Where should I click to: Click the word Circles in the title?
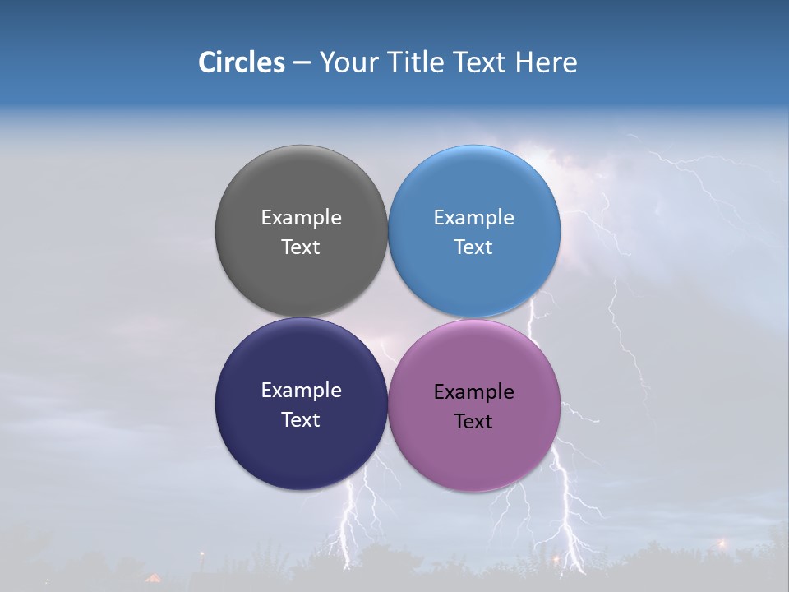point(241,62)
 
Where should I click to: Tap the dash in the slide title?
point(302,63)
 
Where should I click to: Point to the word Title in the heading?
point(413,62)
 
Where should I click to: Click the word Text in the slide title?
point(479,62)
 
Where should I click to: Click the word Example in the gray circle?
point(301,217)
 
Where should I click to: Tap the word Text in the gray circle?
point(301,247)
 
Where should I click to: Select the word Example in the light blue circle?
point(473,217)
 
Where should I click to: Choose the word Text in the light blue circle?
point(473,247)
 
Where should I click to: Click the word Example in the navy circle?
point(301,391)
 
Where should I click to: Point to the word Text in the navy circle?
point(301,419)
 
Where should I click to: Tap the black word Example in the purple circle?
point(473,392)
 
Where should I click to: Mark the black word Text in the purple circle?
point(473,422)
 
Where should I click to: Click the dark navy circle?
point(301,452)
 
